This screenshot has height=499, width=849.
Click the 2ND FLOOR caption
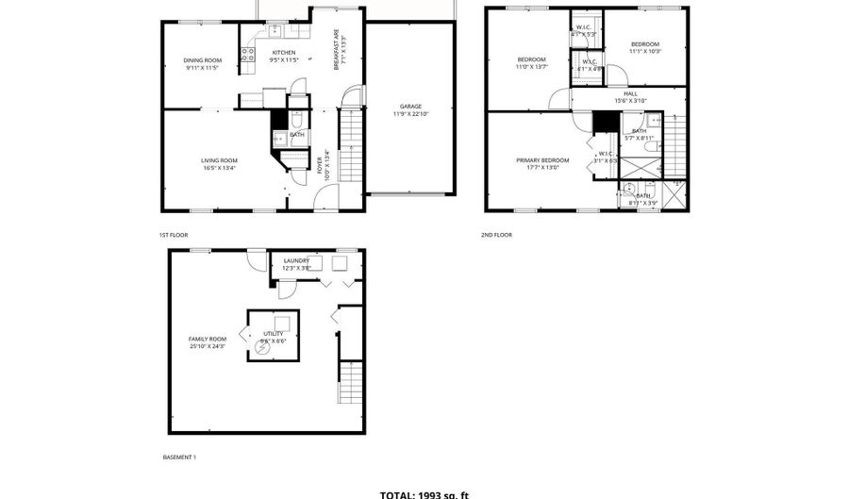(x=496, y=235)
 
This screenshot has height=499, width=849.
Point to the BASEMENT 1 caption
(x=179, y=457)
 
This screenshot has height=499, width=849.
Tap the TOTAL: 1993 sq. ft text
(x=424, y=493)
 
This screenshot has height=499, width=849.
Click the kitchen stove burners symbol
(x=247, y=55)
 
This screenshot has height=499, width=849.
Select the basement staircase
(x=351, y=381)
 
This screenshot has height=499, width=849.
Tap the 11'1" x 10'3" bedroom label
(x=645, y=47)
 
